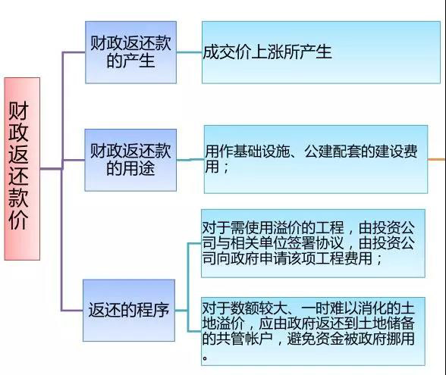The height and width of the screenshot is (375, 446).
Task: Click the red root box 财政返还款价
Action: click(x=22, y=169)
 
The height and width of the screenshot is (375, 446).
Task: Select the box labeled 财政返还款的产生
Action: click(x=130, y=52)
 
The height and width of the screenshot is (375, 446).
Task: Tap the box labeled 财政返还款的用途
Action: click(x=130, y=160)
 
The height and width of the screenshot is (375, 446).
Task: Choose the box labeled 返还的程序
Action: click(x=129, y=311)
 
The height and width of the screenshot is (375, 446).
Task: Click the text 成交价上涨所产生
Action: click(x=267, y=52)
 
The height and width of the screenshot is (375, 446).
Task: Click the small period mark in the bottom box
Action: click(x=205, y=358)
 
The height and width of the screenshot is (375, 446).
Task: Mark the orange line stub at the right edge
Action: click(x=437, y=159)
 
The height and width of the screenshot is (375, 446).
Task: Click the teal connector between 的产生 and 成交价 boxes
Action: click(x=189, y=52)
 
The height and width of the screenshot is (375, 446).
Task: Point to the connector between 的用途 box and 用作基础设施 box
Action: click(x=190, y=160)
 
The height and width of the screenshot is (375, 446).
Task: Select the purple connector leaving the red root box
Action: click(x=52, y=169)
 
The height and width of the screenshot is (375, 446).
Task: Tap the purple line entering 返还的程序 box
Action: click(x=72, y=311)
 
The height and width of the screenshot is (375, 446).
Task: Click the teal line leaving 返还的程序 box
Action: click(x=181, y=311)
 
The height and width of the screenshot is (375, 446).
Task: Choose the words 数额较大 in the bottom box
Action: click(x=259, y=308)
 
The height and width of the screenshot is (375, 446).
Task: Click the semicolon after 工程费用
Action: click(x=379, y=259)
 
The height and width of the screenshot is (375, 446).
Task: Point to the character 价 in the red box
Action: click(x=18, y=220)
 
